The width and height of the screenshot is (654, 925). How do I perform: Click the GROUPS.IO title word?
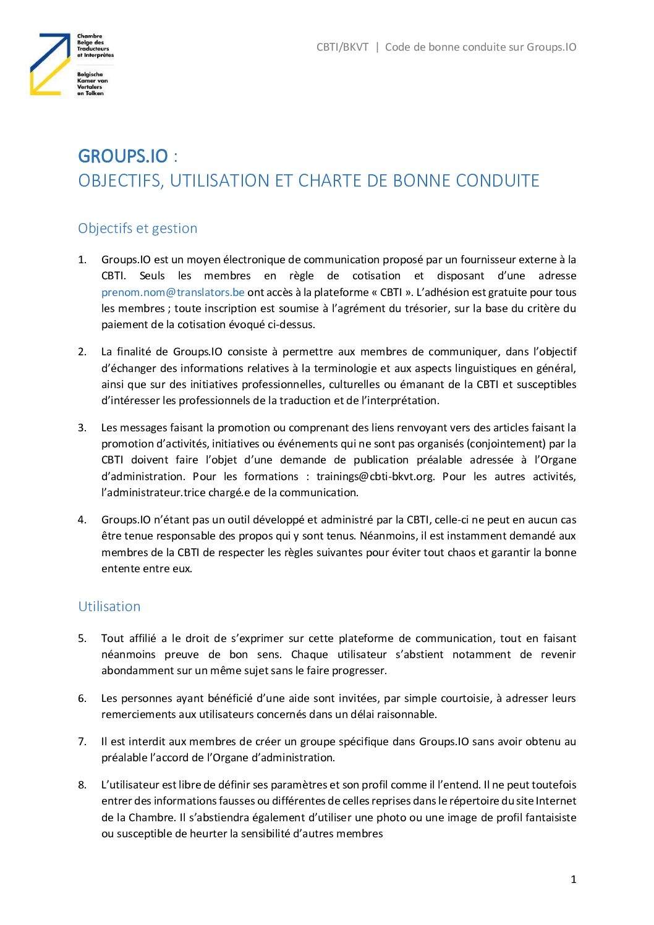pyautogui.click(x=122, y=156)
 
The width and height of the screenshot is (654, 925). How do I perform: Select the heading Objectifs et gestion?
pyautogui.click(x=137, y=228)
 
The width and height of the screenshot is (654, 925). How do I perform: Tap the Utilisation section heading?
pyautogui.click(x=109, y=606)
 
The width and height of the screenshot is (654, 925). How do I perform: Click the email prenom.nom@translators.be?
pyautogui.click(x=172, y=292)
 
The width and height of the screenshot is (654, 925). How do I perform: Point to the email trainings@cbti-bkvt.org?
pyautogui.click(x=375, y=476)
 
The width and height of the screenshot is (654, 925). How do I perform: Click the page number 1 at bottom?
pyautogui.click(x=573, y=879)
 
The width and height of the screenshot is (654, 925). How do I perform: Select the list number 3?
pyautogui.click(x=82, y=428)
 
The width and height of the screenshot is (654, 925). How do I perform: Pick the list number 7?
pyautogui.click(x=82, y=741)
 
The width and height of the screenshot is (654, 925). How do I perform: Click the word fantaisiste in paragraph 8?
pyautogui.click(x=551, y=817)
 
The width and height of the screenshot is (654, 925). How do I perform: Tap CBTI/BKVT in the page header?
pyautogui.click(x=342, y=47)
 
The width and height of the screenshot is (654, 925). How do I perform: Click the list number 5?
pyautogui.click(x=82, y=638)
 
